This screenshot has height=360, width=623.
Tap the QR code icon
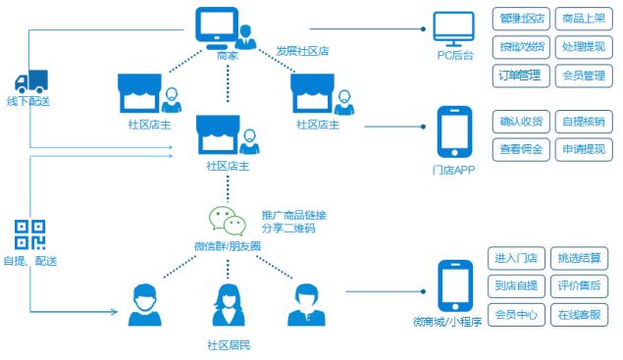29,234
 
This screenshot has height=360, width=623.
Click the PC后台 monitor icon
454,28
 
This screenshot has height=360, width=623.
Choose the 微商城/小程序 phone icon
452,283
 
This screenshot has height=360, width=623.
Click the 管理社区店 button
520,18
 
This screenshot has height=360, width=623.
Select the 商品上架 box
584,18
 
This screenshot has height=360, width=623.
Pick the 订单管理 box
520,75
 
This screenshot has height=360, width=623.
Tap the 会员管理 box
584,75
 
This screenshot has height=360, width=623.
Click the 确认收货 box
520,122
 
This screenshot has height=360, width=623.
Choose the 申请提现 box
584,150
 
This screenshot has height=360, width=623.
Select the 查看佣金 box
520,150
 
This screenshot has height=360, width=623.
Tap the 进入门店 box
516,258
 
